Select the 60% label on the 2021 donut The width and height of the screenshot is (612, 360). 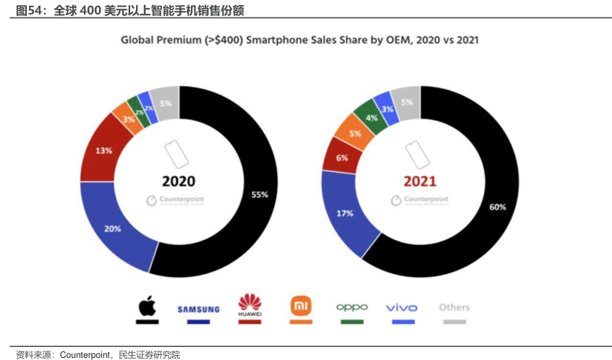coord(498,207)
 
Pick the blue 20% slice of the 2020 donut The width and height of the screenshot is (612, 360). coord(113,228)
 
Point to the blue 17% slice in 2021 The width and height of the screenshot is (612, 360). coord(345,213)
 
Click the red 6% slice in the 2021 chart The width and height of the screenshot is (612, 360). coord(341,157)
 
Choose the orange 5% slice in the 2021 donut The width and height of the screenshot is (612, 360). coord(354,134)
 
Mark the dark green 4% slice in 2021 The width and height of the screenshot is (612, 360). coord(372,116)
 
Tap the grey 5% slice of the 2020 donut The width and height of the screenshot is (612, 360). coord(166,103)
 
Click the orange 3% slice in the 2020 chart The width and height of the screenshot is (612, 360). coord(127,119)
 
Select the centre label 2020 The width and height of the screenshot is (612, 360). coord(179,181)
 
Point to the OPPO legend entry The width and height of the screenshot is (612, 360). coord(352,307)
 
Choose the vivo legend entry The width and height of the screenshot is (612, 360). coord(401,308)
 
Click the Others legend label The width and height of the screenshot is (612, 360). coord(454,307)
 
